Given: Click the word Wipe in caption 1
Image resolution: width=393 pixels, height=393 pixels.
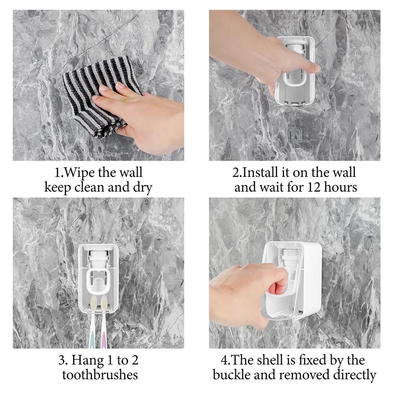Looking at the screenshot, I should point(81,173).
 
